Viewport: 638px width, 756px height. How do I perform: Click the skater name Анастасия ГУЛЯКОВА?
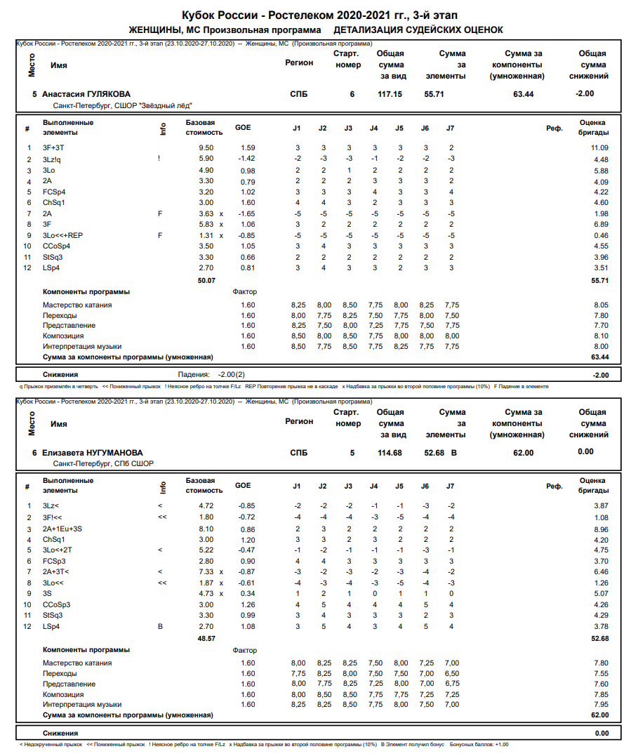[86, 94]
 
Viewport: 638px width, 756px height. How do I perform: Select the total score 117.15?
[390, 94]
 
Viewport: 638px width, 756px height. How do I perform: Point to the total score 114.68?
[390, 453]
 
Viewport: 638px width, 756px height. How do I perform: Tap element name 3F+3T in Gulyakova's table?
[53, 147]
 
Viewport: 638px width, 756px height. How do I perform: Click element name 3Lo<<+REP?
[62, 235]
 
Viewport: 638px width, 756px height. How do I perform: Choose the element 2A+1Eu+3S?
[62, 529]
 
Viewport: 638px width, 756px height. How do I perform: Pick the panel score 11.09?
[599, 147]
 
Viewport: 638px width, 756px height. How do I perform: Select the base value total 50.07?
[206, 280]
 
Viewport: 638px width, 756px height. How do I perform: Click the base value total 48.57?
[206, 639]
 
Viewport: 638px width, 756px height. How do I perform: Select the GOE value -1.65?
[246, 213]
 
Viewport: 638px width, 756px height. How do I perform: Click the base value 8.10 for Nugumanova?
[206, 529]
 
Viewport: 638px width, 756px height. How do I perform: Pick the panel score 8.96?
[600, 529]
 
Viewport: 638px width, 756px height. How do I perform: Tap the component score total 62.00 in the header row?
[523, 453]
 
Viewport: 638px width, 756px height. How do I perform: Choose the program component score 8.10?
[600, 336]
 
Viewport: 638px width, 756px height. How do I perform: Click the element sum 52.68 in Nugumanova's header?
[434, 453]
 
